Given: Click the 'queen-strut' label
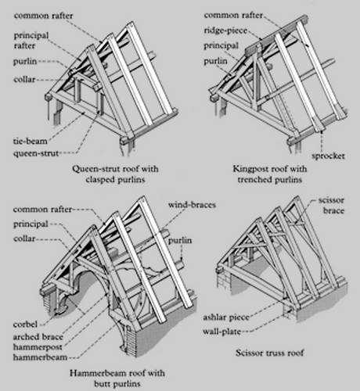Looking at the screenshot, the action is tap(36, 153).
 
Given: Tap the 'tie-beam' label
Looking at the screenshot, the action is tap(31, 142).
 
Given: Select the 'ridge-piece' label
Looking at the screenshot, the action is tap(225, 30).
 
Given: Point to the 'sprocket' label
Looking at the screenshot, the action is tap(328, 156).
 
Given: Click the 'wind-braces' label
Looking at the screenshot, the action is tap(192, 205).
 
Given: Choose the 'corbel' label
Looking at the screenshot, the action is tap(25, 325).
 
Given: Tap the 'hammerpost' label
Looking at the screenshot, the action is tap(38, 347).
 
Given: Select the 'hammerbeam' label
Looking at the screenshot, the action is tap(40, 357).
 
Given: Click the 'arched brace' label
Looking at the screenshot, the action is tap(38, 337).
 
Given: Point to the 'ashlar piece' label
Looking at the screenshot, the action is tap(226, 317).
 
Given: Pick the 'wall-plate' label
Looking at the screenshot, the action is tap(221, 332).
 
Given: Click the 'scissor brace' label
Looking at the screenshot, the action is tap(331, 206).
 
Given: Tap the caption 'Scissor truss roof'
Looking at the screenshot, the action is tap(270, 353).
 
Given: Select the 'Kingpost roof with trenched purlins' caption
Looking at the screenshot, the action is tap(270, 174).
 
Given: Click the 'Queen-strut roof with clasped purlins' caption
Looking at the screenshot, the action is tap(115, 174).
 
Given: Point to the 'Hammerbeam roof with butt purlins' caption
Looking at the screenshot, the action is tap(117, 378).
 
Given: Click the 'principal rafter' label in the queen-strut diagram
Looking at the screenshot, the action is tap(31, 41).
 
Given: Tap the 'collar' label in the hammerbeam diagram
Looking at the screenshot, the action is tap(24, 239).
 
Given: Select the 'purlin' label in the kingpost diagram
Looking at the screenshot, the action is tap(215, 61).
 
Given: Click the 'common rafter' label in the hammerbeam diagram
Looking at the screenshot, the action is tap(42, 210).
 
